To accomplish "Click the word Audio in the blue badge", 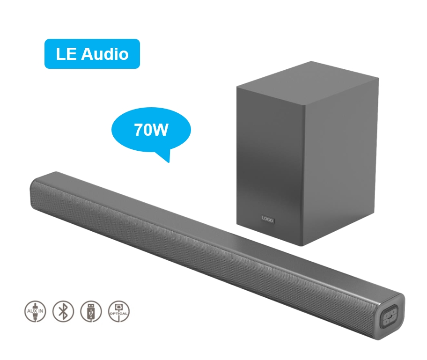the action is click(105, 54).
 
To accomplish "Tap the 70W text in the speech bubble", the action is click(151, 130).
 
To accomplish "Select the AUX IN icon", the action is click(35, 311).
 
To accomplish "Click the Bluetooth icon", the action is click(63, 311).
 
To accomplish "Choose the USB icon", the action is click(91, 311).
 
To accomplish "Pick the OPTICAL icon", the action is click(119, 311).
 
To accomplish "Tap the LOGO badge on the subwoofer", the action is click(267, 219).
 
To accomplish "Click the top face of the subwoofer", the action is click(308, 79).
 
